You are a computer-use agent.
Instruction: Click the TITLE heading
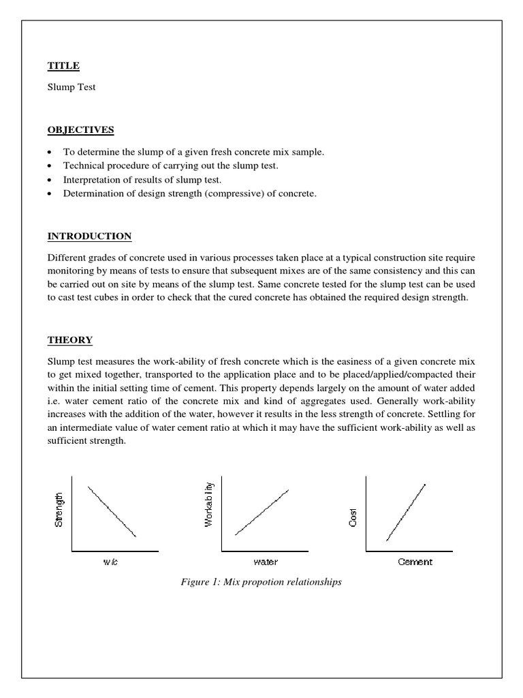(x=63, y=65)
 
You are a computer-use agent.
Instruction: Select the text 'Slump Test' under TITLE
(x=72, y=88)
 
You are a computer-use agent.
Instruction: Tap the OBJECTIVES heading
(x=80, y=130)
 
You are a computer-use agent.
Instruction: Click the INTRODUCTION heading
(x=89, y=237)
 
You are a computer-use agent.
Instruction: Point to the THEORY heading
(x=70, y=339)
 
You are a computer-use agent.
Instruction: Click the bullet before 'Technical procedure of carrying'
(x=51, y=166)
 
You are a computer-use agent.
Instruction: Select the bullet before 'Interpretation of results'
(x=51, y=180)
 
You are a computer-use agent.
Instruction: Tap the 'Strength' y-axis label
(x=59, y=510)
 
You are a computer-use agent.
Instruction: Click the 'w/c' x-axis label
(x=111, y=562)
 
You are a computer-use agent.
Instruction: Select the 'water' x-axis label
(x=266, y=562)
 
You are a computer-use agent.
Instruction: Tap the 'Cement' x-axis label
(x=415, y=562)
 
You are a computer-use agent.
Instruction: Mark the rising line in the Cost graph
(x=406, y=513)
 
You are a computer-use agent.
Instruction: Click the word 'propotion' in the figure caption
(x=269, y=583)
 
